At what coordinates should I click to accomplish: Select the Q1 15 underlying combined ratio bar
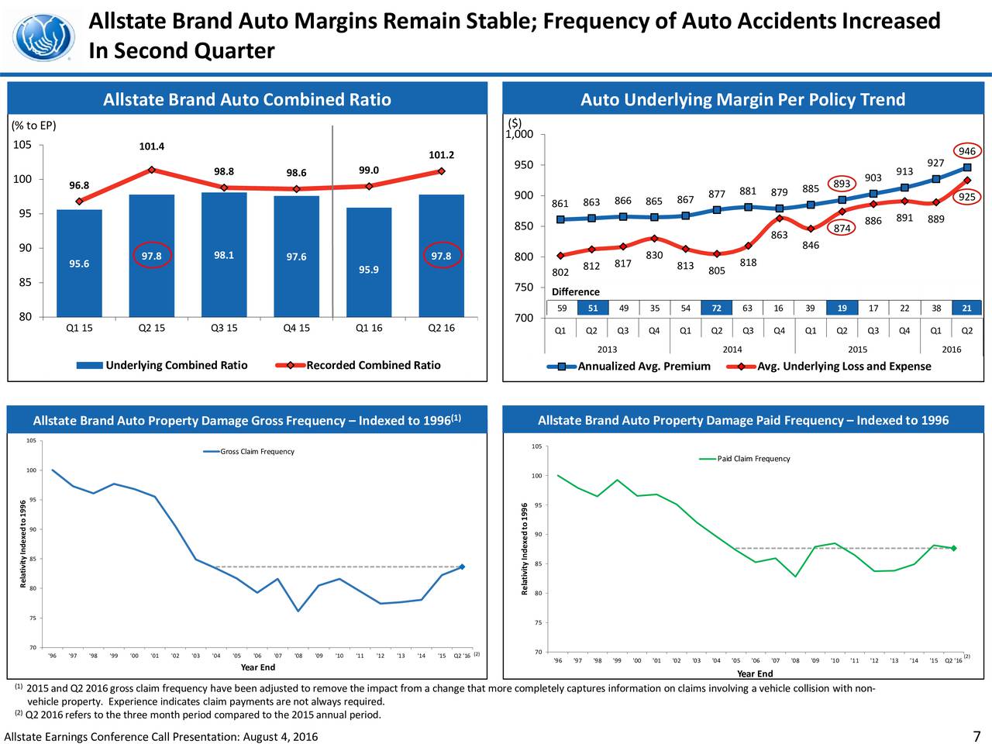coord(79,263)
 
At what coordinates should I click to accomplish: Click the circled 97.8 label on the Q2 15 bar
coord(151,257)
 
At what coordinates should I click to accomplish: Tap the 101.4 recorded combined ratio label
coord(151,146)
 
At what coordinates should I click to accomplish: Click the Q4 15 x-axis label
coord(296,328)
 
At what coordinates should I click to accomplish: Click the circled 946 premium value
coord(966,152)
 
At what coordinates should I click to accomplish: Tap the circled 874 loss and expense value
coord(842,228)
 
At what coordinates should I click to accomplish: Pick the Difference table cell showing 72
coord(717,308)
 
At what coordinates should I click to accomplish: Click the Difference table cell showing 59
coord(561,308)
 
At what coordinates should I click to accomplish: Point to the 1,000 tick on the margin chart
coord(518,135)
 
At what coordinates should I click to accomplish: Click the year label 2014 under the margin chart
coord(732,350)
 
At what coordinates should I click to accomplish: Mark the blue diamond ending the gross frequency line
coord(462,567)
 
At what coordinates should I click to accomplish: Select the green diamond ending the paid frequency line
coord(953,548)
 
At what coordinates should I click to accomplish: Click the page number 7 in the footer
coord(976,736)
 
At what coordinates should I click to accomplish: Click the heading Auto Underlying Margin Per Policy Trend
coord(742,100)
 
